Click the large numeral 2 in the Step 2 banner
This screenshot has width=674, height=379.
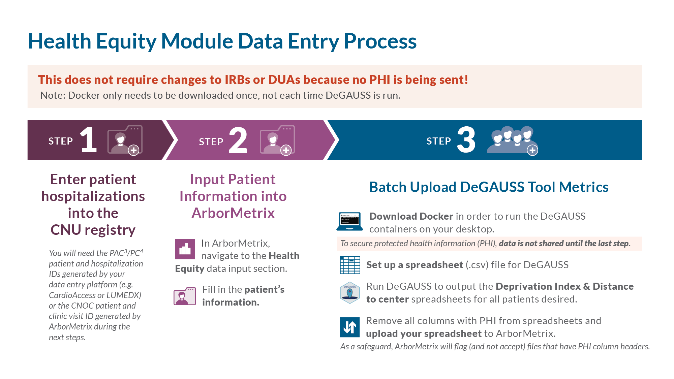tap(238, 140)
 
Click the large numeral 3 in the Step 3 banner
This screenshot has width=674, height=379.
tap(466, 140)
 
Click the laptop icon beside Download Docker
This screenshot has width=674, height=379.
tap(350, 222)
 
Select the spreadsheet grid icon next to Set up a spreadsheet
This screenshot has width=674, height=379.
tap(350, 265)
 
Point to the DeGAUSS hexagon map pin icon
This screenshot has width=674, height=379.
tap(350, 292)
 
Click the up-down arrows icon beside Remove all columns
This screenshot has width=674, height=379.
tap(350, 327)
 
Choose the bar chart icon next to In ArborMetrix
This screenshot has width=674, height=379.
tap(185, 249)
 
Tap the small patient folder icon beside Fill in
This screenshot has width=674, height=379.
tap(185, 296)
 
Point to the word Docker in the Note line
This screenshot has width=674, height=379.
tap(84, 96)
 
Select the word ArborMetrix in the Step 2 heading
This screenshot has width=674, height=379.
tap(233, 213)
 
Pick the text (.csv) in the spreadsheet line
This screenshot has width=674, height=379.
tap(477, 265)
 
